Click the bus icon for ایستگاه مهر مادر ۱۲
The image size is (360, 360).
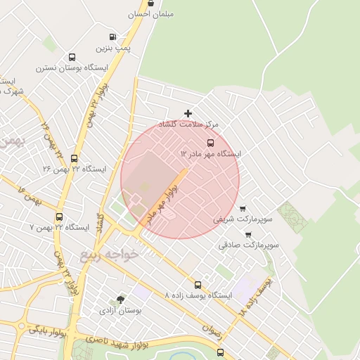pos(211,143)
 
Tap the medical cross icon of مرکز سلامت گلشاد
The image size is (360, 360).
pos(188,113)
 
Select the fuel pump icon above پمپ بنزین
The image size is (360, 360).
pos(112,37)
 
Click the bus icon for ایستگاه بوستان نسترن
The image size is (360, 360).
pos(72,58)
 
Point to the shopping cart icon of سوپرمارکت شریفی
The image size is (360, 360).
pos(243,209)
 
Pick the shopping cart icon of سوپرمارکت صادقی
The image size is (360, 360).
pos(248,234)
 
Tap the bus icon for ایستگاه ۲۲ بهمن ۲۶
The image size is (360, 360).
pos(75,159)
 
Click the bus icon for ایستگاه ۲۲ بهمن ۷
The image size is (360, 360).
pos(59,217)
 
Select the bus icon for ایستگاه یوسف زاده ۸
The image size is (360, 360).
pos(198,285)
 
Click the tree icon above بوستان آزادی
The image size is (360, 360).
pos(121,300)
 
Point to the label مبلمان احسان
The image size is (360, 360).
pos(151,14)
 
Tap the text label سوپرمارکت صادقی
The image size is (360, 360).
pos(249,245)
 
